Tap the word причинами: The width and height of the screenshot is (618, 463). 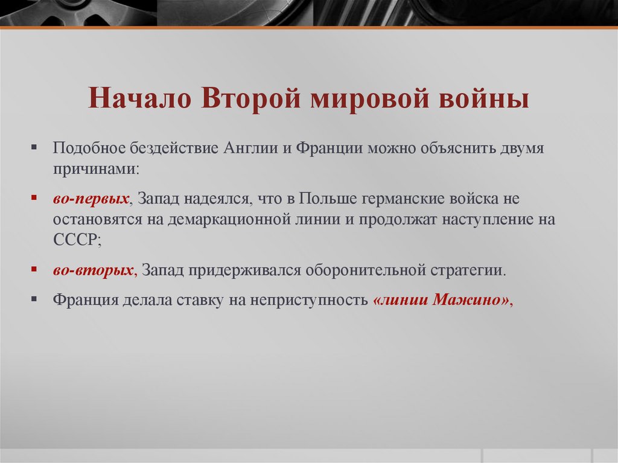point(96,168)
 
